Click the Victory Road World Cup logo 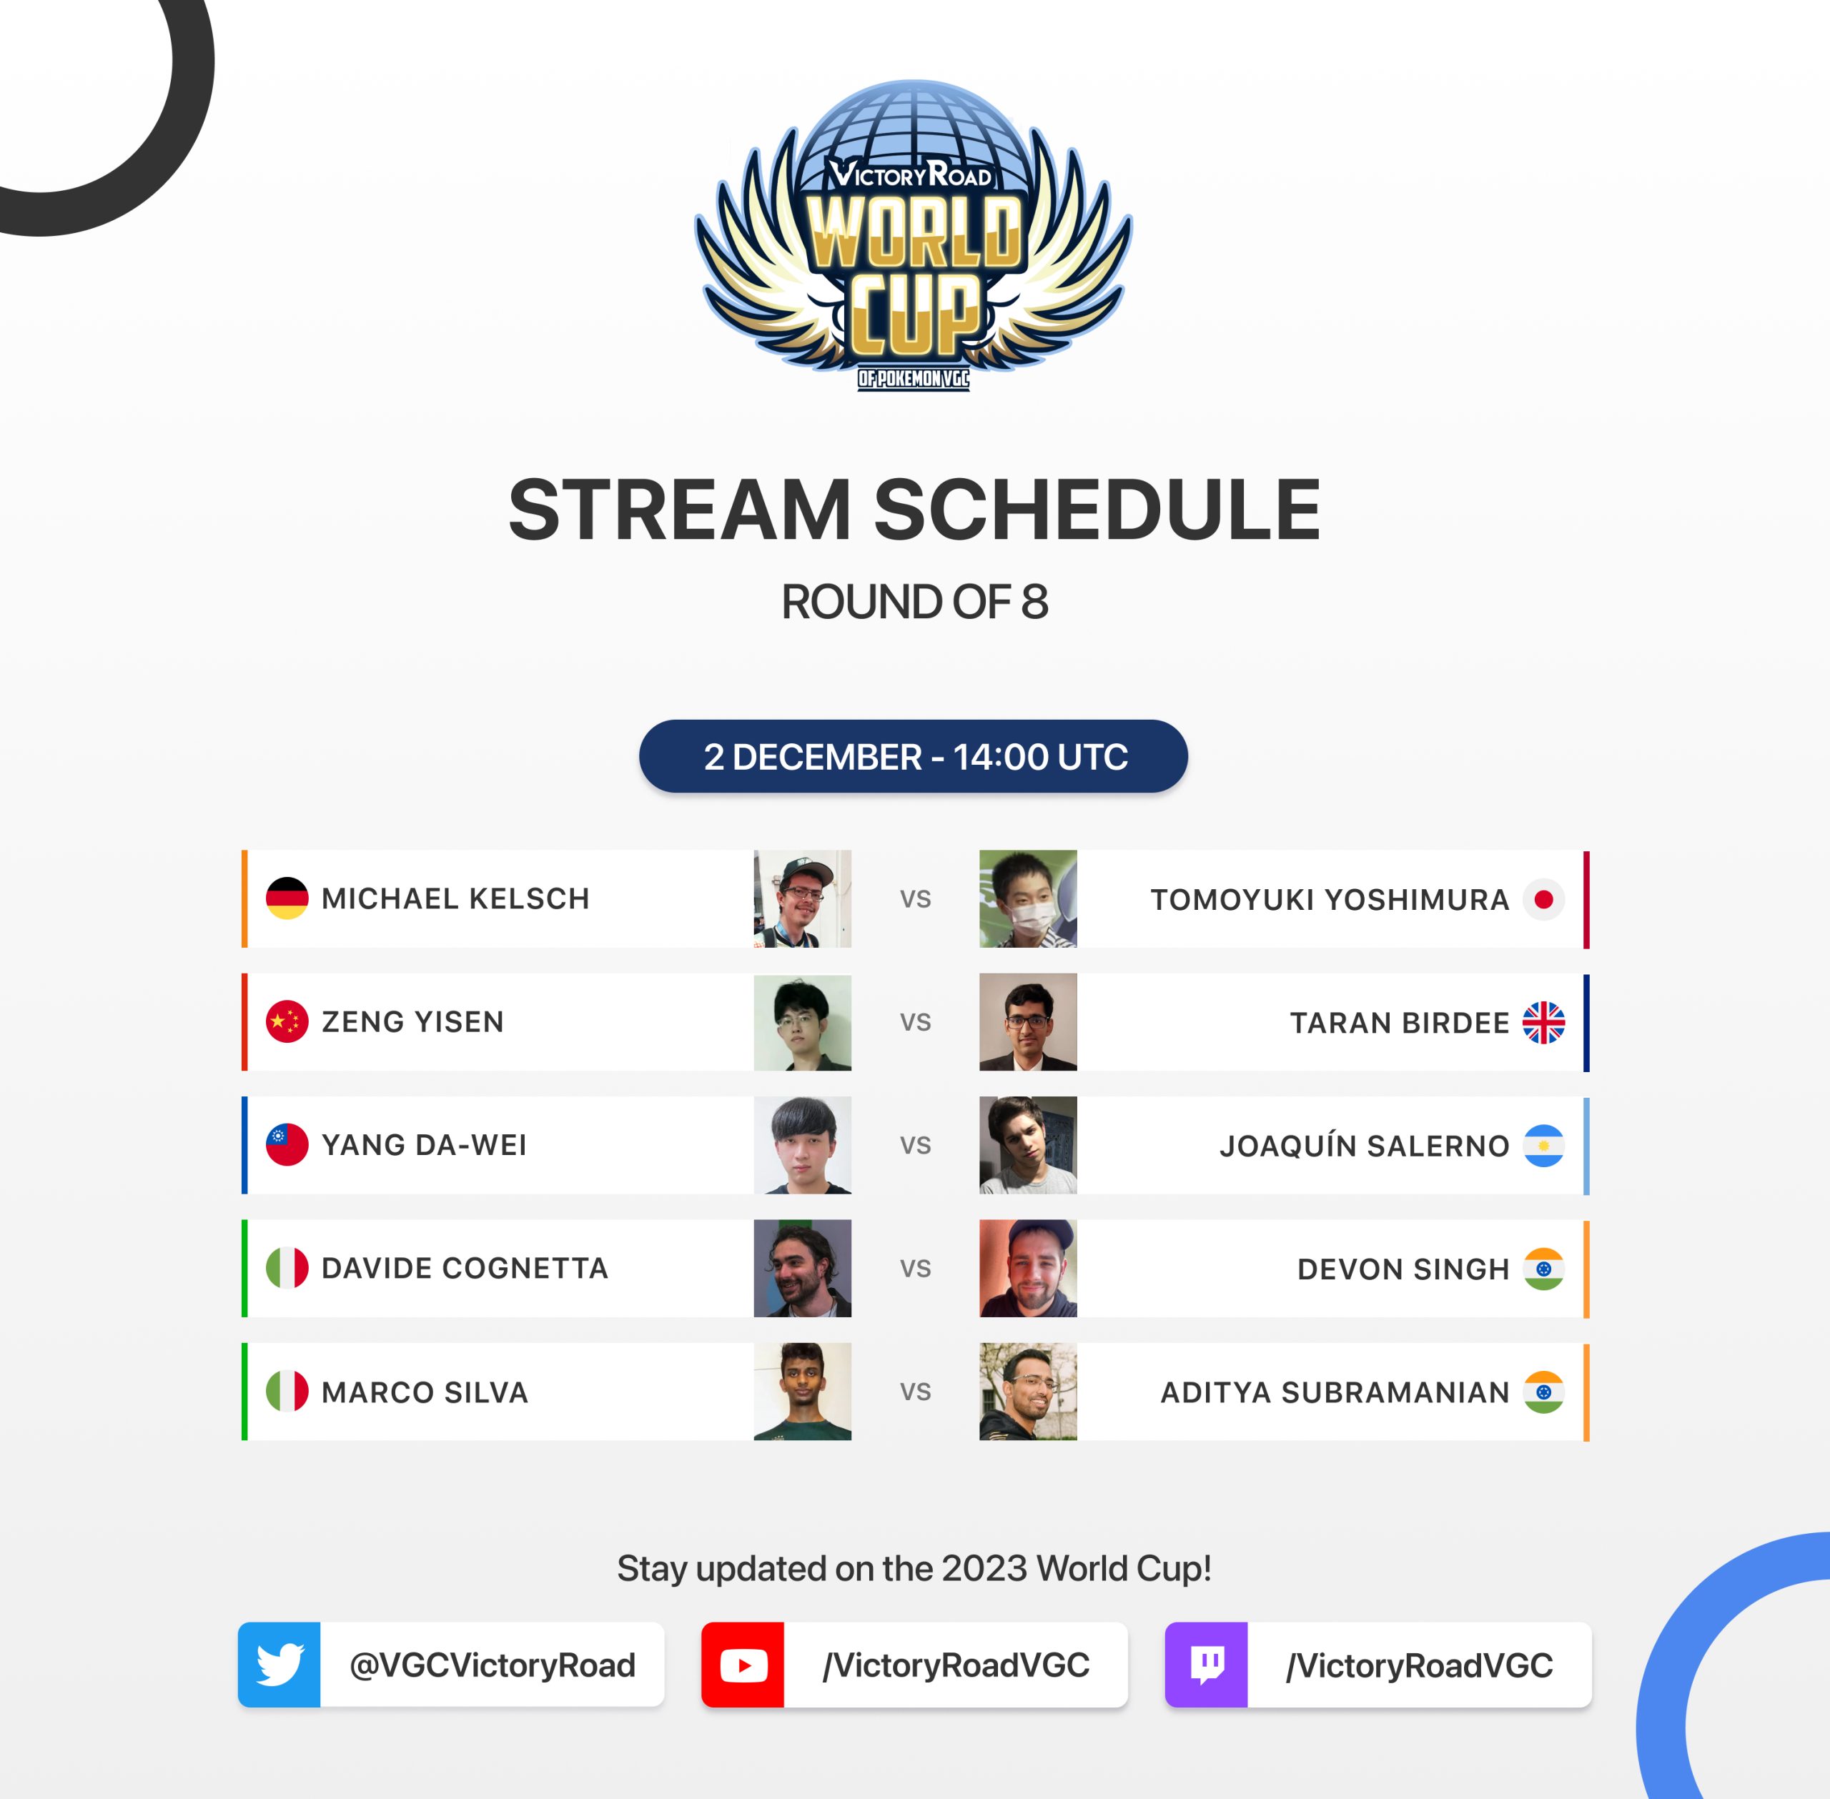click(914, 236)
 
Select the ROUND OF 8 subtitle click(914, 602)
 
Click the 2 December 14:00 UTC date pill click(914, 756)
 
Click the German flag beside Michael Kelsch click(287, 898)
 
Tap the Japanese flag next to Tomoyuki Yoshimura click(1544, 899)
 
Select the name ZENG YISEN click(413, 1022)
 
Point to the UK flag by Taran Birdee click(1544, 1022)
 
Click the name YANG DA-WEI click(424, 1145)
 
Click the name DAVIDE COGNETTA click(465, 1268)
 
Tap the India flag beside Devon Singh click(1544, 1269)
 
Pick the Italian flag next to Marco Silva click(287, 1392)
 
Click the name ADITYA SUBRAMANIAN click(1335, 1393)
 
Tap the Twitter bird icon click(280, 1665)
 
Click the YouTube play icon click(743, 1665)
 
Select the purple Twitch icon click(1207, 1665)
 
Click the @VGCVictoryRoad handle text click(493, 1665)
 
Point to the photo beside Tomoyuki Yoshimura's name click(1028, 898)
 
